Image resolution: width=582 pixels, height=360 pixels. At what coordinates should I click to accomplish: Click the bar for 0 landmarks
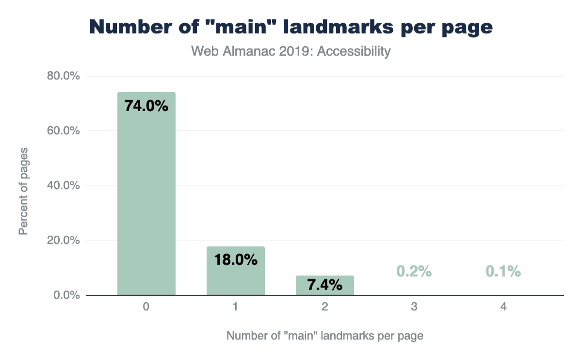tap(146, 194)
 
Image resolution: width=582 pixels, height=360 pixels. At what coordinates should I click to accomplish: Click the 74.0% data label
tap(146, 106)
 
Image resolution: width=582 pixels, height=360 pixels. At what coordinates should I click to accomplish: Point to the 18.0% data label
tap(235, 260)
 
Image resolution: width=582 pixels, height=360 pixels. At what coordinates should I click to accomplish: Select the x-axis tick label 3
tap(414, 307)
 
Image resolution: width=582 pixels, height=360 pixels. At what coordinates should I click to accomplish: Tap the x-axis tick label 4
tap(503, 307)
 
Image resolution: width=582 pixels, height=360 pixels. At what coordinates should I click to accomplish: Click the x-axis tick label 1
tap(235, 307)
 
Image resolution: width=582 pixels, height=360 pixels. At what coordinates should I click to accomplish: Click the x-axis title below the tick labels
tap(324, 336)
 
